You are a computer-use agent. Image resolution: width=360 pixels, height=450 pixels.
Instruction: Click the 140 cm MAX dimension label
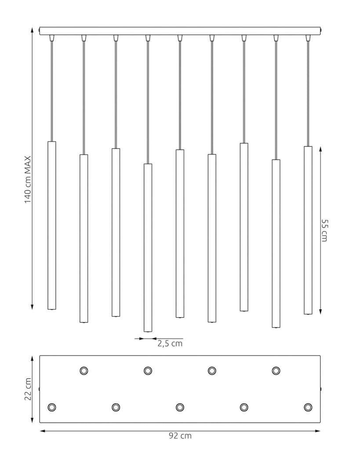point(28,180)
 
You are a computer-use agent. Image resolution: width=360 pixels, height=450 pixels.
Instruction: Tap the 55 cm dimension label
point(324,230)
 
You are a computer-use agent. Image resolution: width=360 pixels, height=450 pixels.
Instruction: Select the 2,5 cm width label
point(170,344)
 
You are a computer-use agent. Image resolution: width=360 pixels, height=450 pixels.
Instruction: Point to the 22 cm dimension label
point(28,389)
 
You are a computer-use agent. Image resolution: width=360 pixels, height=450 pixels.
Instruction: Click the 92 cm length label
point(180,435)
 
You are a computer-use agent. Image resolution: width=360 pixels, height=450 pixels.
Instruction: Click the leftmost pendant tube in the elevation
point(52,225)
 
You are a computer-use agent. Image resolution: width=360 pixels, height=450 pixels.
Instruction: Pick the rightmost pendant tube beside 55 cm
point(308,230)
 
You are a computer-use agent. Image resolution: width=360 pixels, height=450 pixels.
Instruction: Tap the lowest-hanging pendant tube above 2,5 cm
point(148,248)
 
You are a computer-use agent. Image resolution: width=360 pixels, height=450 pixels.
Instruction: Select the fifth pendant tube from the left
point(180,234)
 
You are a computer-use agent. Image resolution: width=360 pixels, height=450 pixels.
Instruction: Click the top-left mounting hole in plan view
point(84,370)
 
